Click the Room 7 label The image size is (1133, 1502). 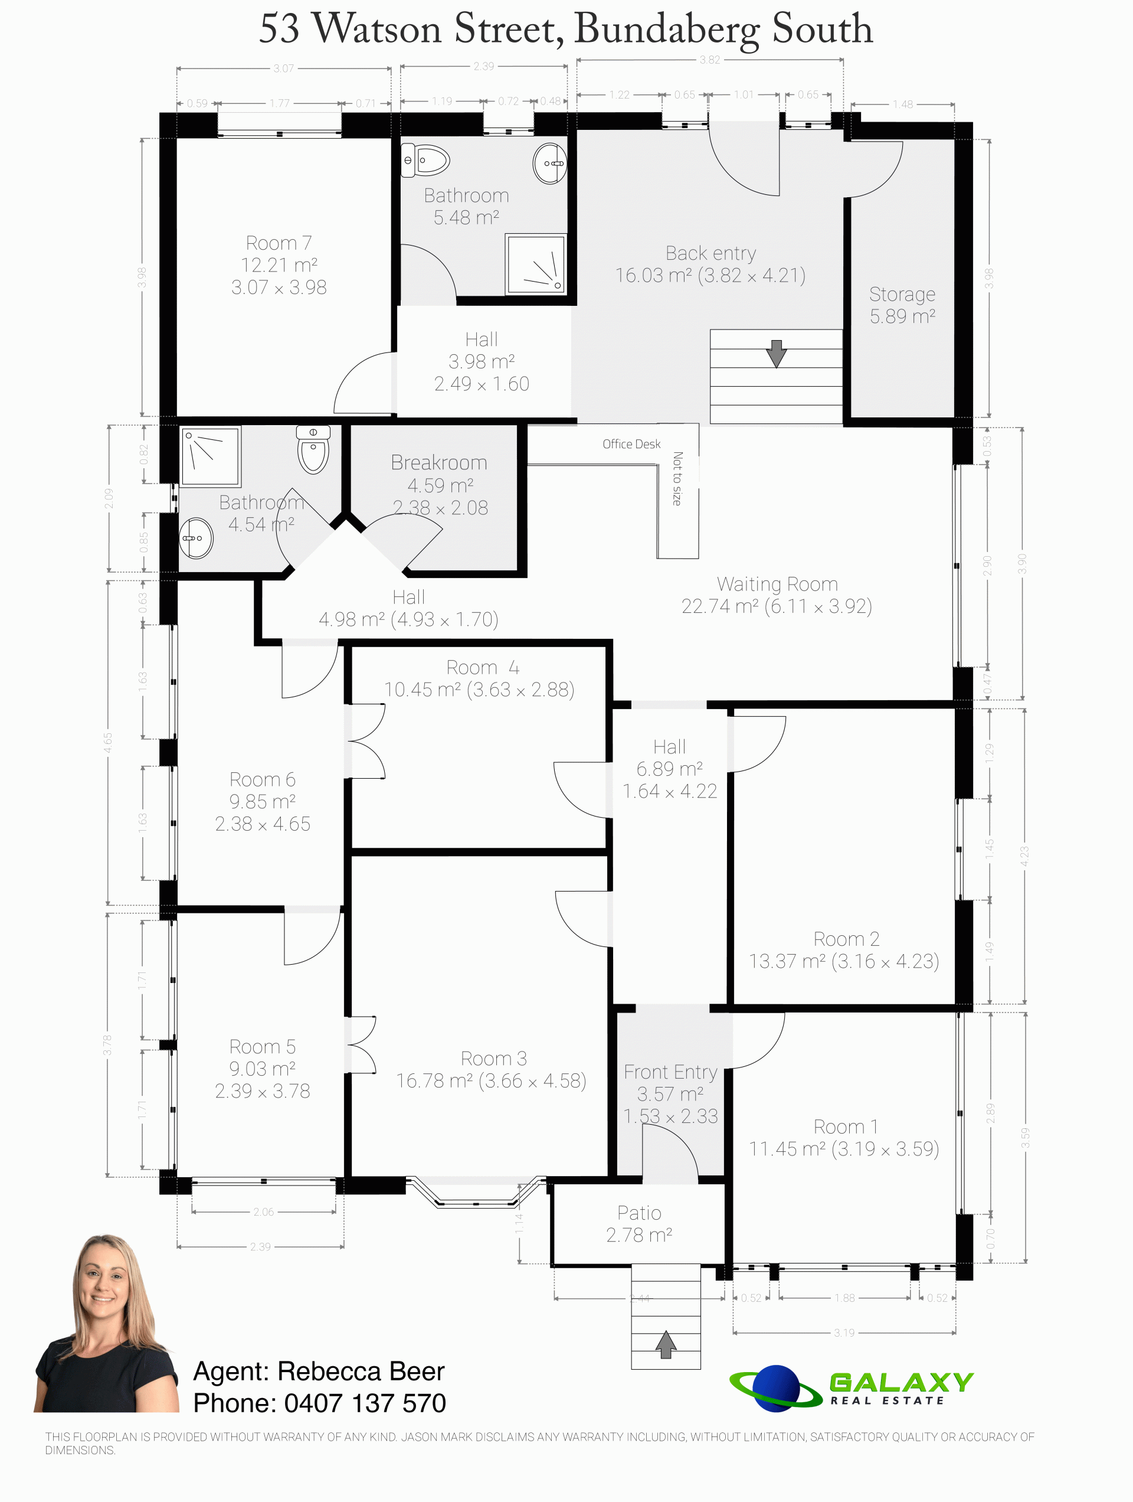(x=279, y=243)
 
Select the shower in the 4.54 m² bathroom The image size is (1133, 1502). (x=211, y=456)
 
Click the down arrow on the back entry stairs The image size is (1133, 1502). (x=776, y=353)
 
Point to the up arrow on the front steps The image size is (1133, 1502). (x=666, y=1344)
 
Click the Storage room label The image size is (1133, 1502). (x=902, y=294)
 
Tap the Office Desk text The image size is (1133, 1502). (x=631, y=444)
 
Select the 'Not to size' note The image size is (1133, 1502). (x=677, y=479)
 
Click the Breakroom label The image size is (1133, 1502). (x=439, y=462)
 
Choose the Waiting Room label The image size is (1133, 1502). (x=777, y=584)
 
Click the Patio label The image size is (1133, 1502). (x=639, y=1213)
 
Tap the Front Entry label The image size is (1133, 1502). (x=671, y=1072)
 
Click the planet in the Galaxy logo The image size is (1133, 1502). (x=775, y=1388)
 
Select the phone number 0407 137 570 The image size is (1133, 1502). (x=365, y=1403)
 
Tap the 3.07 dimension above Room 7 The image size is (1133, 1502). (x=284, y=68)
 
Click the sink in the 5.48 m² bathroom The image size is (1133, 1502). (x=550, y=164)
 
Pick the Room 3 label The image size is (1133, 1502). (x=493, y=1058)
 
